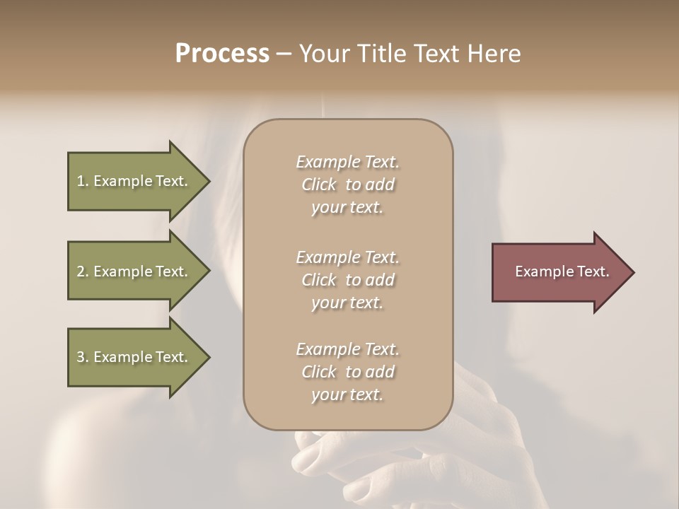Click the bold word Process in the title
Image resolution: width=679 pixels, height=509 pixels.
222,54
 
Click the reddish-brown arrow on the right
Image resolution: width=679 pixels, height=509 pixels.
559,272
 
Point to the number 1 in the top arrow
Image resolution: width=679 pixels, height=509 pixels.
81,181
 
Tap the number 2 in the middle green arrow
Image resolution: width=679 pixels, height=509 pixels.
81,271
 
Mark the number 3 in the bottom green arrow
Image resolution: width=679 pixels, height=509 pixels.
81,357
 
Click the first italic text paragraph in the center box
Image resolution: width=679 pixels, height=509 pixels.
347,185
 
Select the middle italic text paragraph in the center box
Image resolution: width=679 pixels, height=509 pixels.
347,279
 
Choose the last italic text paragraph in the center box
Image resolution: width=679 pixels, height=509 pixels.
347,372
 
